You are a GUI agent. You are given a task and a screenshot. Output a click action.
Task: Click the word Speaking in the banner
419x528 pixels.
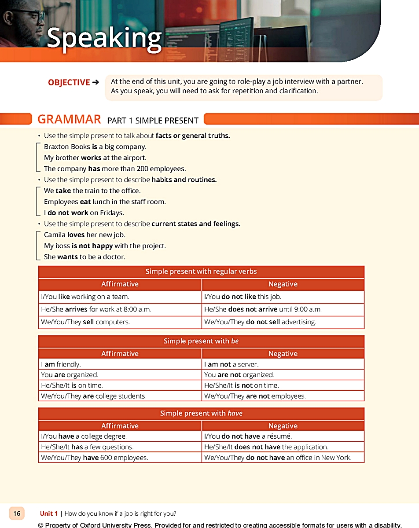[104, 38]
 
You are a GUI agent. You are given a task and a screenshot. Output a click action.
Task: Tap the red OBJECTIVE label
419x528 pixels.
[69, 82]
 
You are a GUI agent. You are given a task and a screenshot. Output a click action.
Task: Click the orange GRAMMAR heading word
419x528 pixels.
[69, 119]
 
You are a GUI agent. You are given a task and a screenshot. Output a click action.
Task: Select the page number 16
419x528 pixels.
[17, 513]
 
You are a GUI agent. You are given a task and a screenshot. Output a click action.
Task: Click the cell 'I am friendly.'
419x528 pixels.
[61, 364]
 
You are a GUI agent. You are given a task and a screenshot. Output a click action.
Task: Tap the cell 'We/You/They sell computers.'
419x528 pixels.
[85, 322]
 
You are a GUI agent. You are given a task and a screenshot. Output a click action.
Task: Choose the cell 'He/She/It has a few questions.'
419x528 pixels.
[87, 447]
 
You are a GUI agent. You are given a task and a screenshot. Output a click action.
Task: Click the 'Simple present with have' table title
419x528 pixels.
[201, 413]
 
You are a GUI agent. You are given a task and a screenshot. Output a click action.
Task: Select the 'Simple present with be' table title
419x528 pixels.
[201, 341]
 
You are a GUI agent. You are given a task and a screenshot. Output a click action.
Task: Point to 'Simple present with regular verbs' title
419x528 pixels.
[201, 271]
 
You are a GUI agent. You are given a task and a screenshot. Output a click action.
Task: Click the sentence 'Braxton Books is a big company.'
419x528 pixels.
[95, 147]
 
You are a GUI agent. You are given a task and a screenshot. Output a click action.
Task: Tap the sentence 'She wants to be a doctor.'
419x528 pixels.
[85, 257]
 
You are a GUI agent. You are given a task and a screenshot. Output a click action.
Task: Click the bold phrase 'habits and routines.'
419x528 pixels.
[184, 180]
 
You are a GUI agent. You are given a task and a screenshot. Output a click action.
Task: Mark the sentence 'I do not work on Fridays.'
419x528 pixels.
[84, 213]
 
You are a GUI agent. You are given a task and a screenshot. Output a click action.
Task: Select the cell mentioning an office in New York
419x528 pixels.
[278, 457]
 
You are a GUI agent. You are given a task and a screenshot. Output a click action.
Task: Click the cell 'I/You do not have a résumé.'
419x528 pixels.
[248, 436]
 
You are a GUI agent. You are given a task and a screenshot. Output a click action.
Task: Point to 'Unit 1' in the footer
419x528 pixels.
[49, 513]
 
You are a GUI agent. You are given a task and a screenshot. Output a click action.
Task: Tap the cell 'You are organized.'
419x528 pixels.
[70, 375]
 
